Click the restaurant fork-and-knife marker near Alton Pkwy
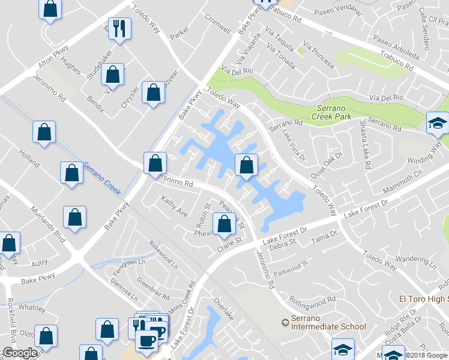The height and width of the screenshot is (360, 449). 119,28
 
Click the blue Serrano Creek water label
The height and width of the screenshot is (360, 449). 102,177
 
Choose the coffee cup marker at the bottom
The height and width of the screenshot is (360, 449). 146,340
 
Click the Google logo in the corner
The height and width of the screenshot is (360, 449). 20,353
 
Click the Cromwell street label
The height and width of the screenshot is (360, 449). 218,24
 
